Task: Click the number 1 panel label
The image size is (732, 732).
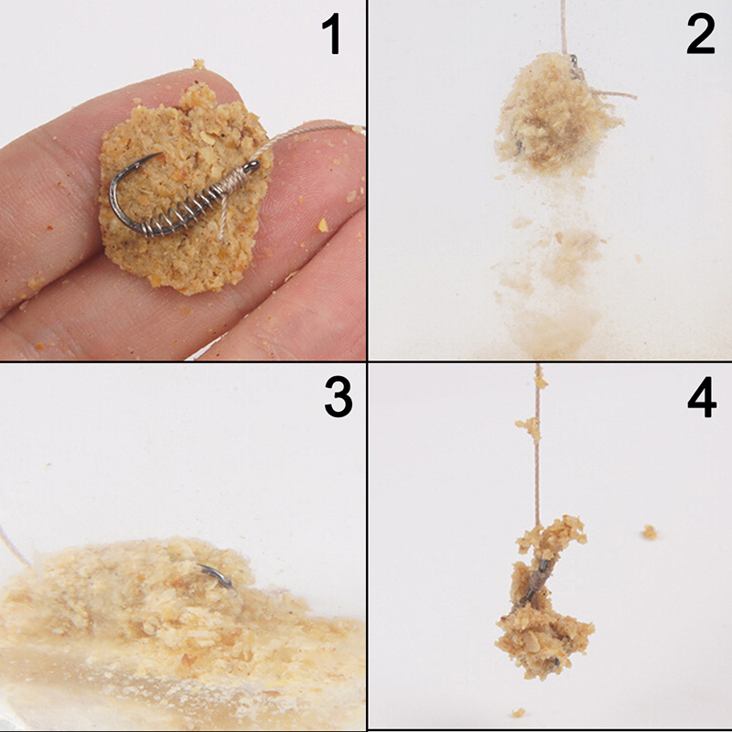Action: click(333, 35)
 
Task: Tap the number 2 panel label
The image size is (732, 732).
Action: click(701, 35)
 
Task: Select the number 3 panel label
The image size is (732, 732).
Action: click(339, 397)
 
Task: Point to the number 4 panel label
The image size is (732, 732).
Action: click(702, 398)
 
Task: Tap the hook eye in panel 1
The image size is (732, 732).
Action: click(254, 166)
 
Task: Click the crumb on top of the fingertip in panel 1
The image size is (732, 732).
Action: click(199, 64)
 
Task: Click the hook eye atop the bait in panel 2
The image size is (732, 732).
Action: click(574, 59)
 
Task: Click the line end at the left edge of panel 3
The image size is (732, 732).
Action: click(14, 545)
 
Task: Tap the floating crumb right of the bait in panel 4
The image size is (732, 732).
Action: click(649, 533)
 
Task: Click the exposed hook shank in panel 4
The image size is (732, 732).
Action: click(538, 582)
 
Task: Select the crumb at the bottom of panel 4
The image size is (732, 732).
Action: click(518, 713)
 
